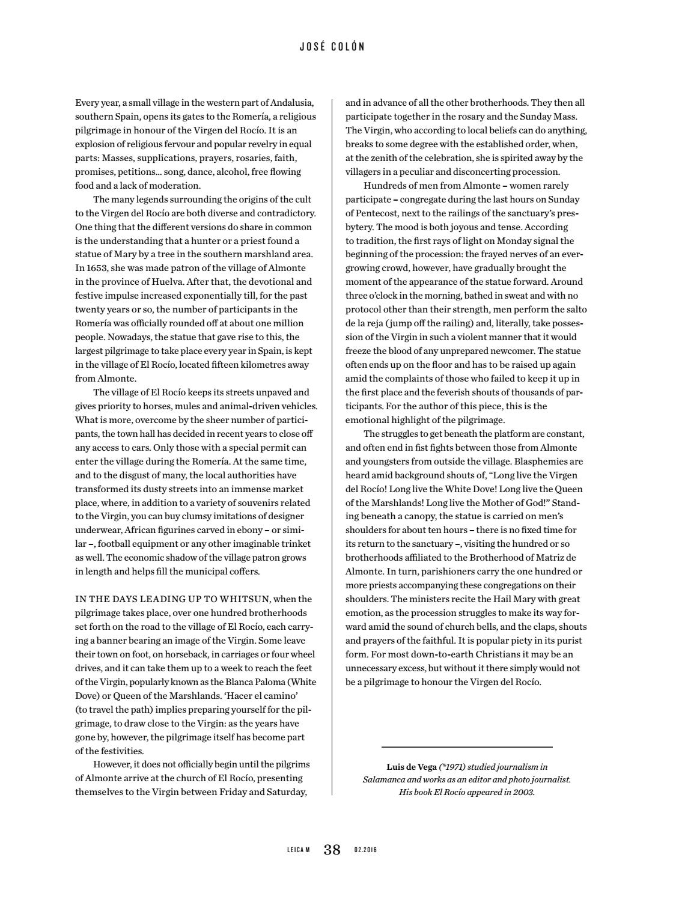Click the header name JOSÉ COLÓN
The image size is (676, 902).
click(332, 47)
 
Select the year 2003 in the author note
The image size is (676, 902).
click(523, 792)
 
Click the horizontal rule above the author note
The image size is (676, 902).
click(467, 747)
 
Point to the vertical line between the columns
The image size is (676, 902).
click(332, 445)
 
